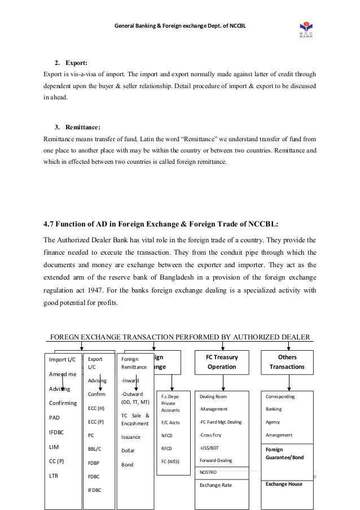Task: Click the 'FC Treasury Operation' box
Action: tap(223, 362)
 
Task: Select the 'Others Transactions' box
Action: tap(287, 362)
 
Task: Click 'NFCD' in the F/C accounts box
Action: tap(168, 435)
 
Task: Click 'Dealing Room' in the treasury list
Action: tap(214, 397)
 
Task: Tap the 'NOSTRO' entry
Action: tap(208, 472)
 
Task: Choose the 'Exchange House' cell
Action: tap(284, 484)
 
